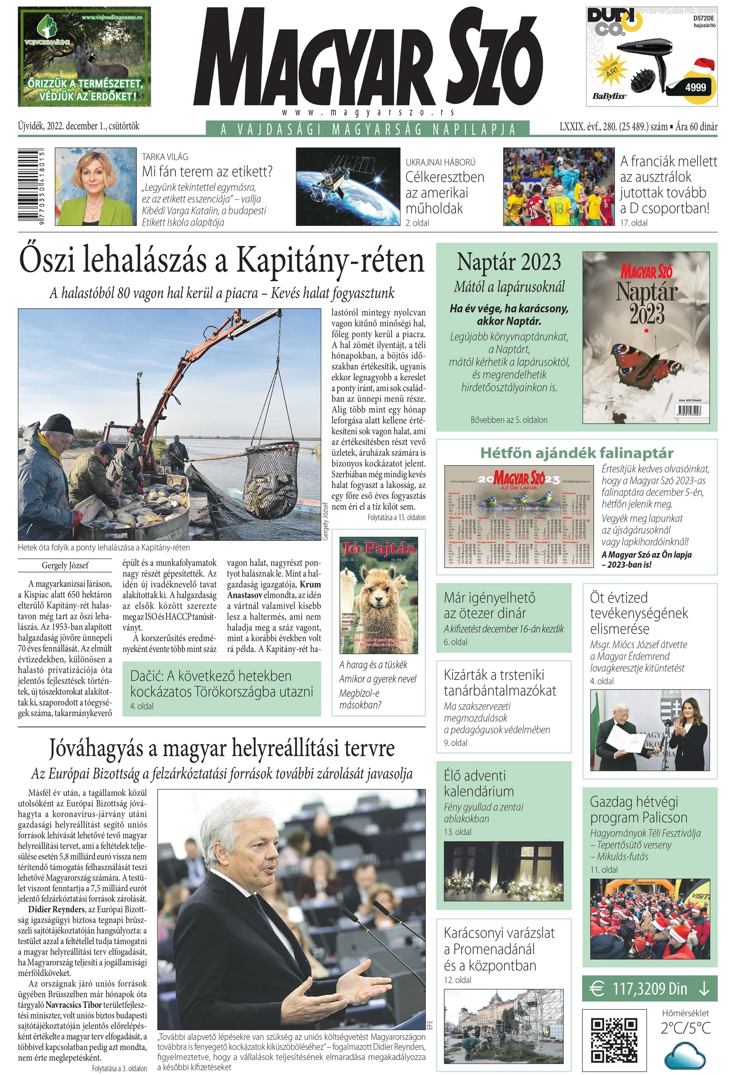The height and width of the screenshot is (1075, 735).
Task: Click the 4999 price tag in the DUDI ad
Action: pos(695,87)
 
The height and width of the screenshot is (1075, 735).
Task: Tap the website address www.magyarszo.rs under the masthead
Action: pos(368,113)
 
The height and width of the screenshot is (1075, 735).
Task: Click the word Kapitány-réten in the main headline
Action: pos(330,261)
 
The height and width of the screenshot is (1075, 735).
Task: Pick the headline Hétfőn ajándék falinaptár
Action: pos(577,453)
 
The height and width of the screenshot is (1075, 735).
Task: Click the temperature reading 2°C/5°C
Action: pos(685,1028)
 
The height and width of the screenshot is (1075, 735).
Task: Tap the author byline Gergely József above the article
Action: pos(65,565)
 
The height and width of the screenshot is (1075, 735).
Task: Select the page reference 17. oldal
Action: pos(633,223)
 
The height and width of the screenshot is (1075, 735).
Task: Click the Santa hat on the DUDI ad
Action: pos(703,67)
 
